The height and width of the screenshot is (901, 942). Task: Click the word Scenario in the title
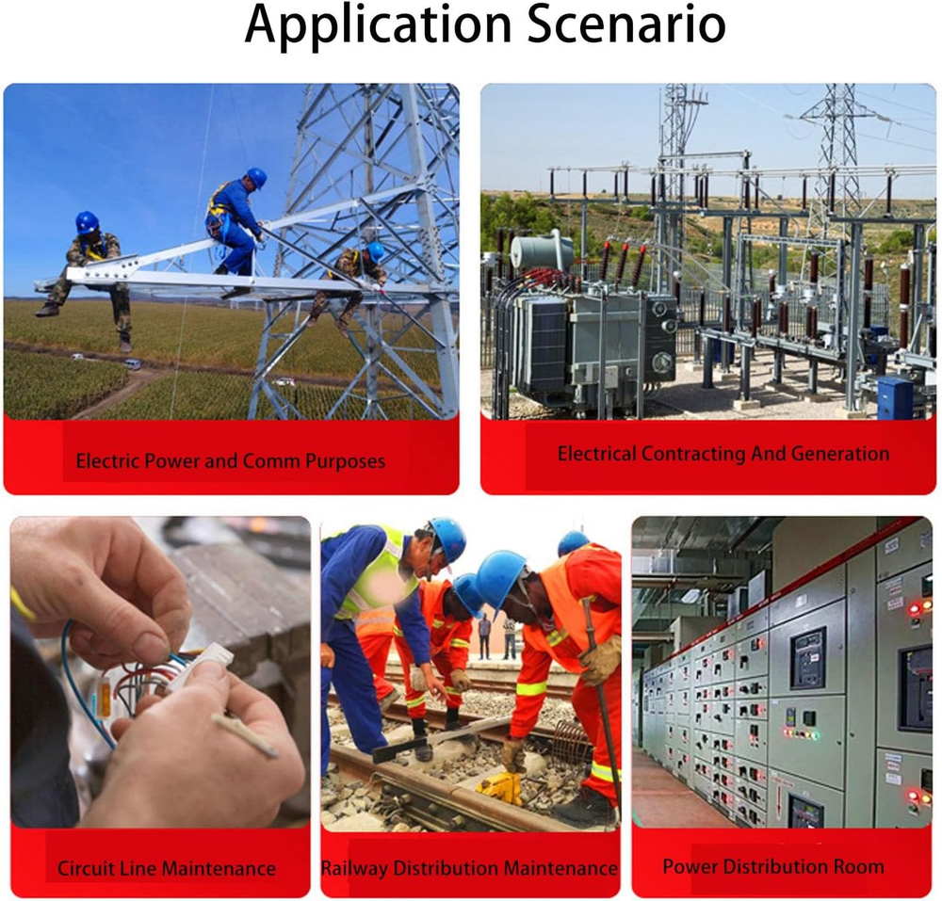pyautogui.click(x=626, y=24)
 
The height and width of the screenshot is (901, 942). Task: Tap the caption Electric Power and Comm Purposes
pyautogui.click(x=231, y=461)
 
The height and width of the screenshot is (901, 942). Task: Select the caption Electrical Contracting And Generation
pyautogui.click(x=723, y=454)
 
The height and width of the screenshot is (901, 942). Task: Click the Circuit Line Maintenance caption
pyautogui.click(x=167, y=868)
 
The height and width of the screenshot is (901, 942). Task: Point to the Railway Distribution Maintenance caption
pyautogui.click(x=469, y=868)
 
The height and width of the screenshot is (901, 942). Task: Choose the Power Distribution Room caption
pyautogui.click(x=773, y=866)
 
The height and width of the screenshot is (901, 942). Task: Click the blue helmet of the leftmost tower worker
pyautogui.click(x=87, y=223)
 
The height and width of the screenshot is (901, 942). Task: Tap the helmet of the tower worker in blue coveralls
pyautogui.click(x=256, y=178)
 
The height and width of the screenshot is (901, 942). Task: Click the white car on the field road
pyautogui.click(x=132, y=363)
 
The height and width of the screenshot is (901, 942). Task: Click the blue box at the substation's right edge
pyautogui.click(x=895, y=396)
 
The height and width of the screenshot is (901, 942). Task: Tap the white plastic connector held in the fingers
pyautogui.click(x=207, y=665)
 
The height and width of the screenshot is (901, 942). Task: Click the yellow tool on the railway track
pyautogui.click(x=500, y=787)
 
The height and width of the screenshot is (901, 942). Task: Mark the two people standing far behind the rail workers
pyautogui.click(x=496, y=636)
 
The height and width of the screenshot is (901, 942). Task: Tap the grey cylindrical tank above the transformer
pyautogui.click(x=543, y=251)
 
